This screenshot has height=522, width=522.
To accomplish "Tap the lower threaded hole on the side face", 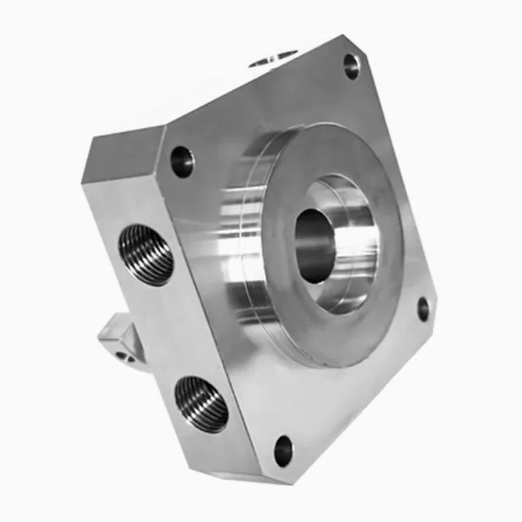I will pyautogui.click(x=202, y=405).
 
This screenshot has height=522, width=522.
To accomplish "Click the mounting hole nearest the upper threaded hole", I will pyautogui.click(x=183, y=162).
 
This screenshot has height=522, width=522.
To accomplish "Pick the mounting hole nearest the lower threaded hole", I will pyautogui.click(x=284, y=450).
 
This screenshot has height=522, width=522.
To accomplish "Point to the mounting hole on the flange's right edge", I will pyautogui.click(x=423, y=309).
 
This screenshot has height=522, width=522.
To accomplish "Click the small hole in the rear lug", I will pyautogui.click(x=122, y=356).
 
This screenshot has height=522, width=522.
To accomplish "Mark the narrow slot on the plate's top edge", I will pyautogui.click(x=274, y=59).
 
